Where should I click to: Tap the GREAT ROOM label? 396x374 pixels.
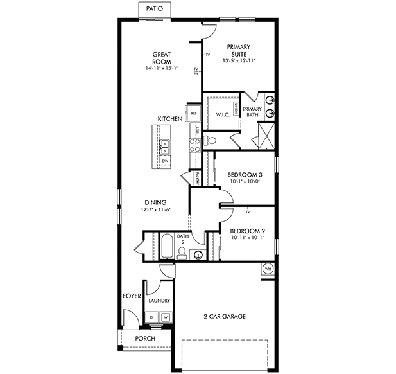pos(161,57)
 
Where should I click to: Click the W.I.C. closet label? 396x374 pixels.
pos(223,115)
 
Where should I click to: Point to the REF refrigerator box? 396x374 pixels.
pos(193,114)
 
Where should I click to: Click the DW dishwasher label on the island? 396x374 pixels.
pos(164,161)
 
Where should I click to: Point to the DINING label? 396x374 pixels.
pos(156,203)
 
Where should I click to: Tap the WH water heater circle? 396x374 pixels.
pos(267,269)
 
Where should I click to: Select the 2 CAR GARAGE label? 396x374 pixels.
pos(225,316)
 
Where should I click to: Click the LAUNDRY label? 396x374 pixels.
pos(159,301)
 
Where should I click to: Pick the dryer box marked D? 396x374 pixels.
pos(152,317)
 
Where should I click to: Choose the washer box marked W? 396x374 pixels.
pos(165,317)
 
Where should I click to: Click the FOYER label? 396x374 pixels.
pos(132,296)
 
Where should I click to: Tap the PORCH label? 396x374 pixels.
pos(145,339)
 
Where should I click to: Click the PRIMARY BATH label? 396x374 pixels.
pos(252,112)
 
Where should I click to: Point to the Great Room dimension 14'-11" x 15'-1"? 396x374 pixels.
pos(161,67)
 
